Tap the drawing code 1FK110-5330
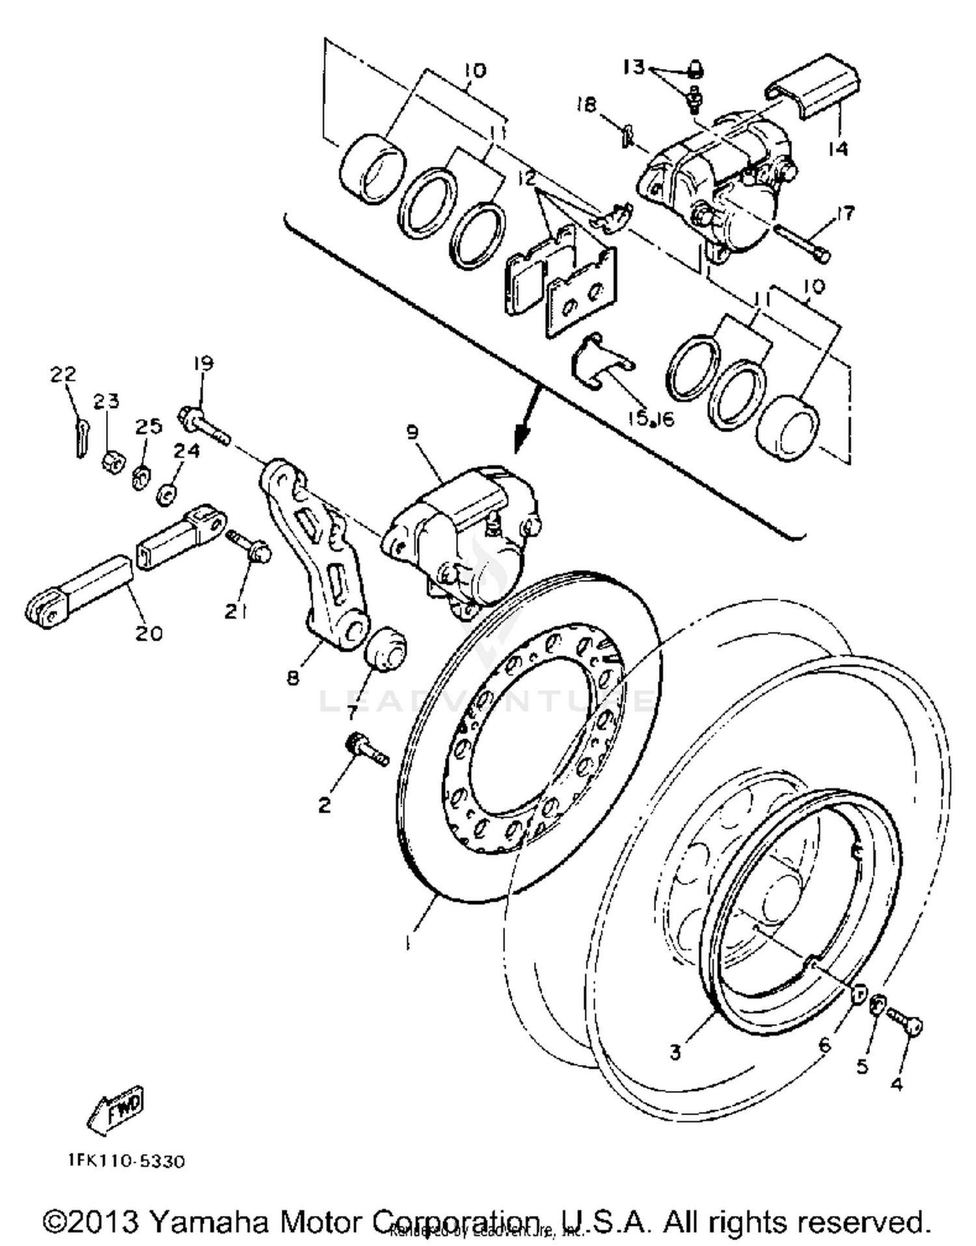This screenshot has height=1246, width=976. click(126, 1161)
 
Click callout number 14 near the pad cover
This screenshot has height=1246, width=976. click(839, 149)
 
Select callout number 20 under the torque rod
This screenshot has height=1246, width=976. click(148, 632)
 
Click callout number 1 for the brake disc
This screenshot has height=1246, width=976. click(408, 942)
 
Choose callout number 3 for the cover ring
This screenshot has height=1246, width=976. click(675, 1051)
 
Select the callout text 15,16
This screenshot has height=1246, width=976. click(651, 418)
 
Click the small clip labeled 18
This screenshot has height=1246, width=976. click(626, 135)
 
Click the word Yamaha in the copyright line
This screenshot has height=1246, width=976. click(208, 1222)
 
